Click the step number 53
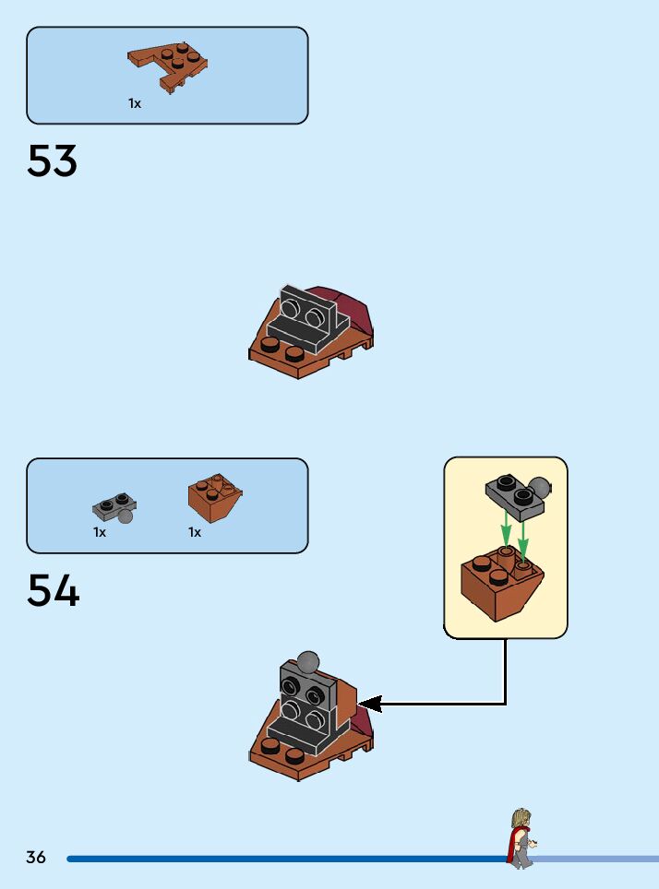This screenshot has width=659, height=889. click(x=53, y=161)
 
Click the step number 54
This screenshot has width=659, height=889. click(x=54, y=591)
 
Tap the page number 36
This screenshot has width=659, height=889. click(x=36, y=858)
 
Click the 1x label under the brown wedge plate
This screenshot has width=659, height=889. click(x=135, y=104)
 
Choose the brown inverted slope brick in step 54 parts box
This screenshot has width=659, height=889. click(x=214, y=497)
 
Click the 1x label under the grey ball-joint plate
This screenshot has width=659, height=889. click(x=100, y=532)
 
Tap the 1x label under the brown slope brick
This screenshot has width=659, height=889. click(x=195, y=532)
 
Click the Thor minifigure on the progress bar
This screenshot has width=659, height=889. click(x=521, y=837)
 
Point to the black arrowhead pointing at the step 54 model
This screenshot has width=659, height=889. click(x=368, y=705)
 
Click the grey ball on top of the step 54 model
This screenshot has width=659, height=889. click(x=306, y=662)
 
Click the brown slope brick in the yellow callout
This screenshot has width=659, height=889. click(x=501, y=585)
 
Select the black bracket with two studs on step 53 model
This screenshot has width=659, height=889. click(x=308, y=318)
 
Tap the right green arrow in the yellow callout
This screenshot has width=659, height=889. click(x=523, y=539)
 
